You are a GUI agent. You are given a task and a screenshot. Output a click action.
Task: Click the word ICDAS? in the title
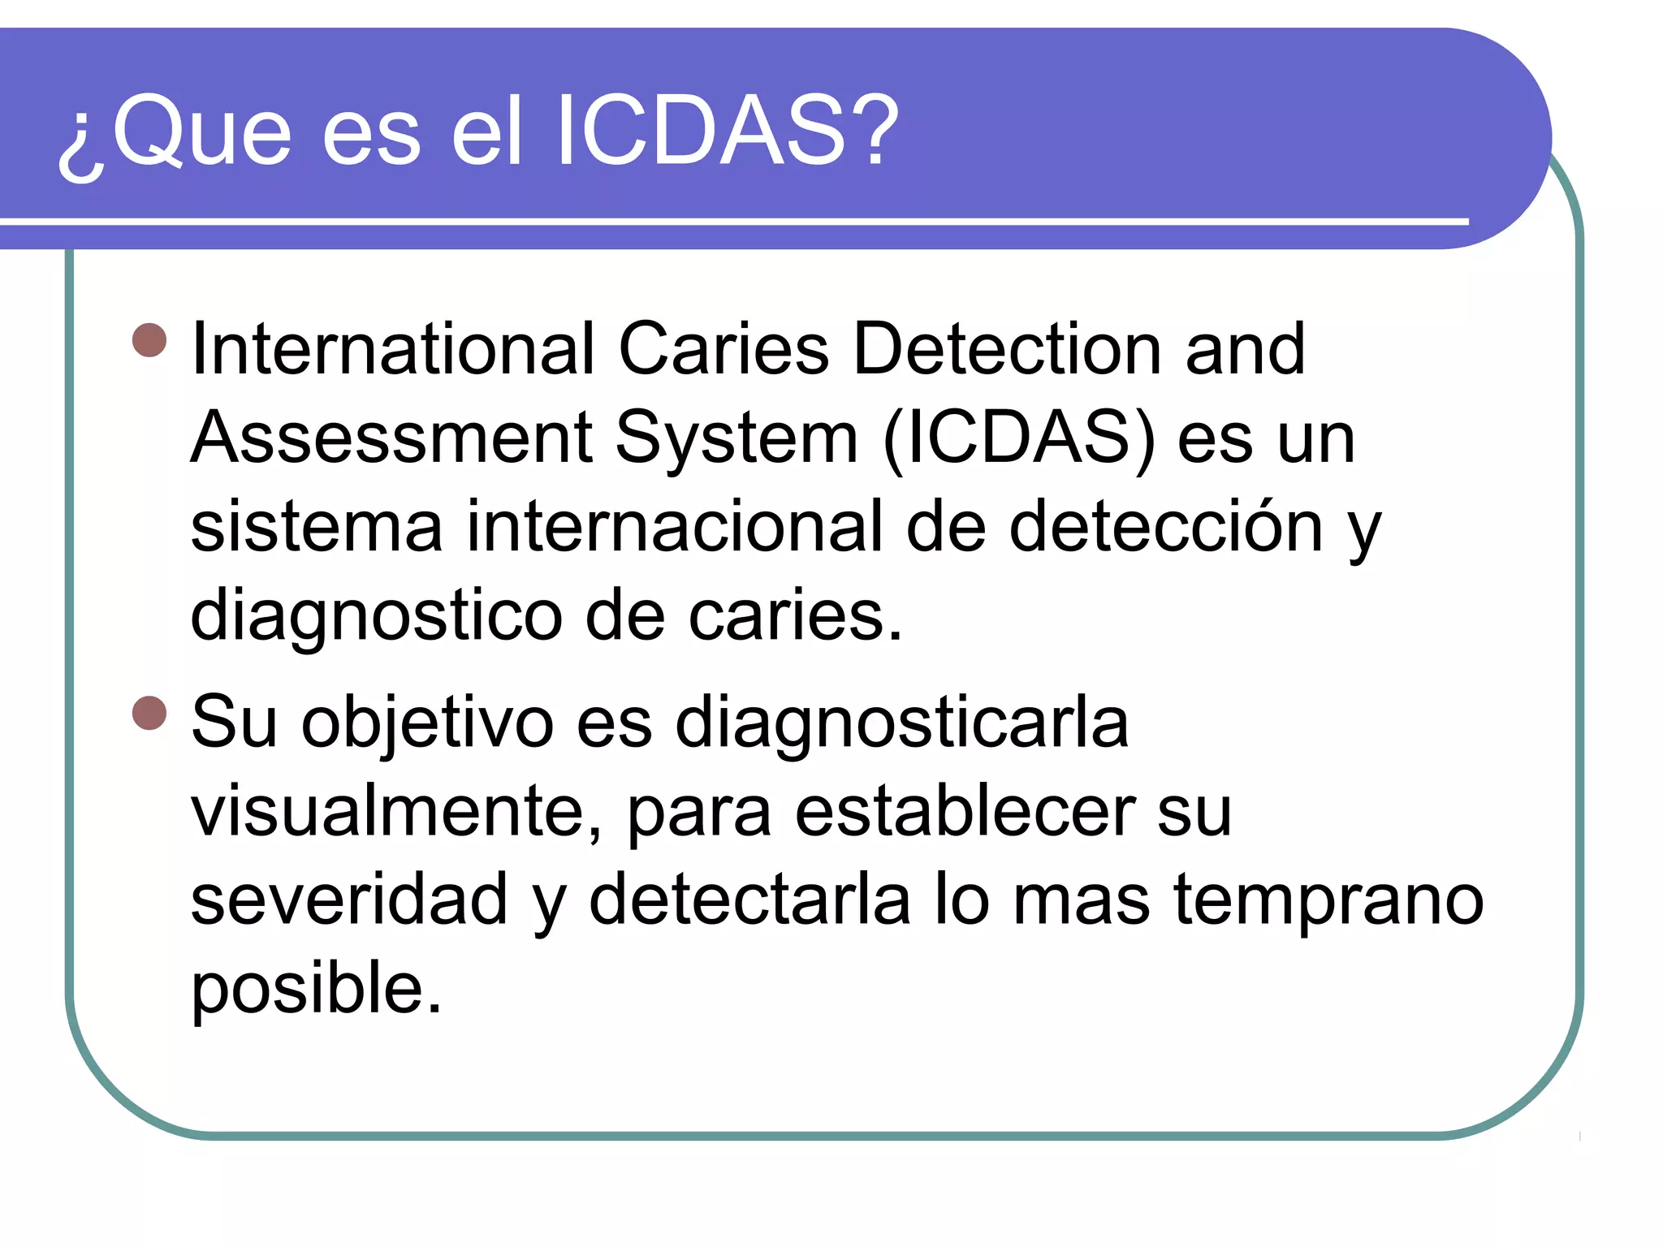[x=727, y=130]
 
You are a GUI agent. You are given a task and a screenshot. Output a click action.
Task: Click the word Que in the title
[x=201, y=130]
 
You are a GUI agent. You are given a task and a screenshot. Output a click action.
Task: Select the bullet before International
[x=149, y=340]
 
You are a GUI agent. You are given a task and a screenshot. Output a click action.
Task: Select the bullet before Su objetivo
[x=149, y=714]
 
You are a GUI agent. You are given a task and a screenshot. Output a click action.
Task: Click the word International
[x=393, y=349]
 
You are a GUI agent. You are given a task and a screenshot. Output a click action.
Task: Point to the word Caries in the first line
[x=724, y=349]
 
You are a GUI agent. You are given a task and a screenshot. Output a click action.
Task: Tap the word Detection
[x=1007, y=349]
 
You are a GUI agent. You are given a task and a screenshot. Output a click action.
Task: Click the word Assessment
[x=391, y=438]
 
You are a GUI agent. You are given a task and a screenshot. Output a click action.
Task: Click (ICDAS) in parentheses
[x=1019, y=438]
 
